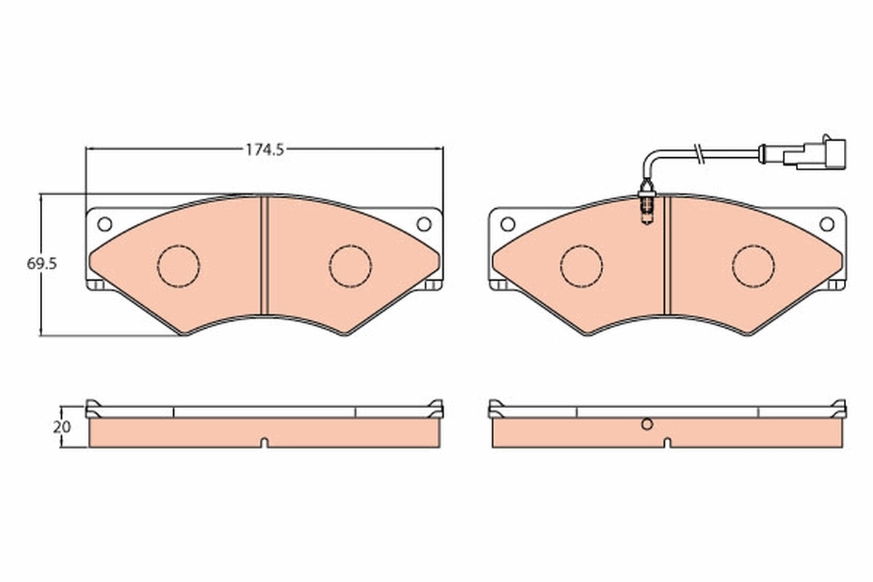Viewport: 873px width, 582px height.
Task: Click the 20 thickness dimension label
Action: (x=62, y=427)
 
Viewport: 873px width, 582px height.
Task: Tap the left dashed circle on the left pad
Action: (x=178, y=265)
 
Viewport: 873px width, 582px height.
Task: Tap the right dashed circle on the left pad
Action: (x=350, y=265)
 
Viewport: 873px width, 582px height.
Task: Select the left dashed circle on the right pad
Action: (x=581, y=265)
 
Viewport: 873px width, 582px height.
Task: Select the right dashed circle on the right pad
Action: (x=753, y=265)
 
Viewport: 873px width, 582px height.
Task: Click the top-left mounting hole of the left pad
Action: (x=104, y=223)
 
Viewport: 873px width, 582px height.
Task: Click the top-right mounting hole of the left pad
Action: (x=423, y=223)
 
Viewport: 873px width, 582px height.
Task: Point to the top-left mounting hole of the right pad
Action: (x=507, y=223)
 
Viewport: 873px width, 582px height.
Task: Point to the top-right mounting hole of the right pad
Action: (x=826, y=223)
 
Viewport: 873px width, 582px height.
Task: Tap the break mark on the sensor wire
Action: (x=698, y=154)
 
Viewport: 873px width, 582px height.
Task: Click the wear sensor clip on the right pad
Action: (x=646, y=207)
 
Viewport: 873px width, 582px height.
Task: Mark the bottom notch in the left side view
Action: (x=265, y=442)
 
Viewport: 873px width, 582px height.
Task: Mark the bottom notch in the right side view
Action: (x=667, y=442)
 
